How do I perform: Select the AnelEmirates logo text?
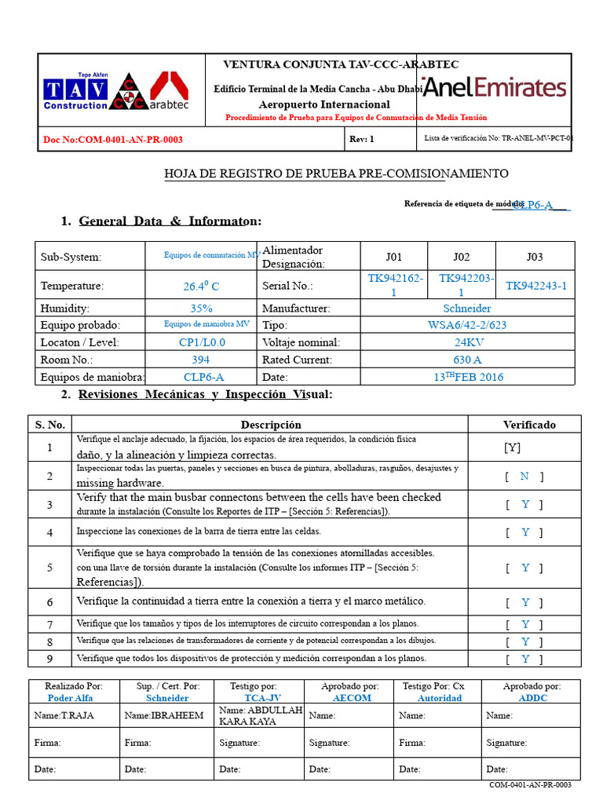pos(495,88)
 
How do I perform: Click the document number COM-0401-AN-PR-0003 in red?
pos(113,140)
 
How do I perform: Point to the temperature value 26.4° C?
pos(201,287)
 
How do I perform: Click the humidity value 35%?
pos(202,309)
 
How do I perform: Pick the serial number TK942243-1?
pos(535,287)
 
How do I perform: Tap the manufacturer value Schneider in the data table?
pos(467,309)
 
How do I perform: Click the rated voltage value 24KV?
pos(467,342)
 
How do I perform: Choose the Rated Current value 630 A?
pos(467,360)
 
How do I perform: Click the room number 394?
pos(201,360)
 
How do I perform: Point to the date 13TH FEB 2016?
pos(469,377)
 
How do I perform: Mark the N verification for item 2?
pos(524,477)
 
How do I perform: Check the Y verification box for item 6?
pos(525,602)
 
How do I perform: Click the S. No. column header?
pos(49,425)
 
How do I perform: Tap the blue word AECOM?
pos(352,698)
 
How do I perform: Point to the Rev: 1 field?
pos(361,140)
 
